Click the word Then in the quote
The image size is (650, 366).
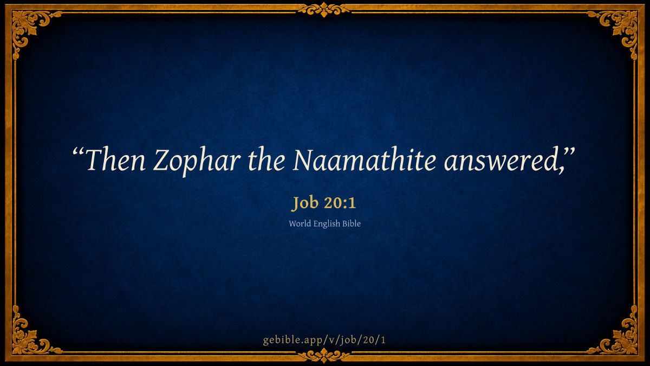tap(115, 159)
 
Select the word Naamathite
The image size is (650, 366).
tap(364, 159)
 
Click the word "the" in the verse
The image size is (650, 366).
tap(266, 159)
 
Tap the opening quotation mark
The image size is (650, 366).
tap(79, 152)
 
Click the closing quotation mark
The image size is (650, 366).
tap(569, 152)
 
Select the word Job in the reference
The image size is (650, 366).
tap(304, 203)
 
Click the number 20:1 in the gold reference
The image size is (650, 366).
tap(340, 202)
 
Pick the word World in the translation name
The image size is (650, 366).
tap(300, 223)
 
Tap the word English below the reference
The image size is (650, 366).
tap(327, 224)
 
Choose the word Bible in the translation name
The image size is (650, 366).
tap(352, 223)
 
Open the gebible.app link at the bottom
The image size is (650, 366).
tap(324, 340)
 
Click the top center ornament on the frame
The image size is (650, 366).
tap(324, 10)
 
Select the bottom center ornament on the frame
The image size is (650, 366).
tap(324, 355)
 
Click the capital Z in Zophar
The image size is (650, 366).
tap(161, 159)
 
